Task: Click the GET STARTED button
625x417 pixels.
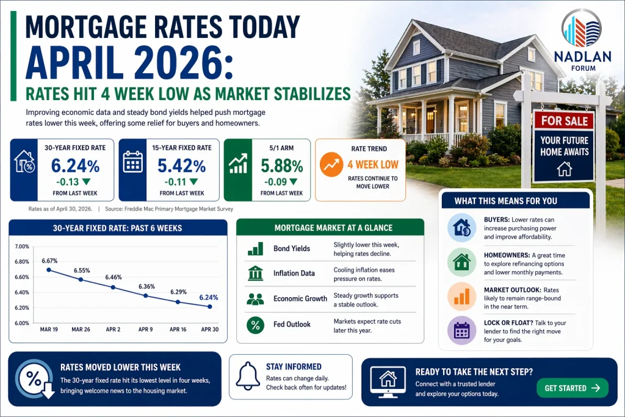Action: [x=572, y=388]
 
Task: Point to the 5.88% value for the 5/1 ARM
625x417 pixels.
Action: [x=281, y=165]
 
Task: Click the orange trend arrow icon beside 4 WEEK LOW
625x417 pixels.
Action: [x=331, y=164]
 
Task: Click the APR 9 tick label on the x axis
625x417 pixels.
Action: [x=145, y=329]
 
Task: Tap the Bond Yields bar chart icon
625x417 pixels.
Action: [x=255, y=248]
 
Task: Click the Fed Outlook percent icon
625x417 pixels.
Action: [x=255, y=324]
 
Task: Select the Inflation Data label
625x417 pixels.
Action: [x=294, y=274]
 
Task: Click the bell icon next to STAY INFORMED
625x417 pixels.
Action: [x=248, y=376]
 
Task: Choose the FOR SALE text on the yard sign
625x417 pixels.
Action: [x=563, y=121]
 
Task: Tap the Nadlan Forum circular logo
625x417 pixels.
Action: [x=580, y=29]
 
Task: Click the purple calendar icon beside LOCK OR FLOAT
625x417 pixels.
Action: [x=461, y=330]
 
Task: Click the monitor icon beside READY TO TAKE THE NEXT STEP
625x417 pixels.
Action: [x=388, y=381]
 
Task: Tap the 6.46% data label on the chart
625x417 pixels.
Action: [x=114, y=277]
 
